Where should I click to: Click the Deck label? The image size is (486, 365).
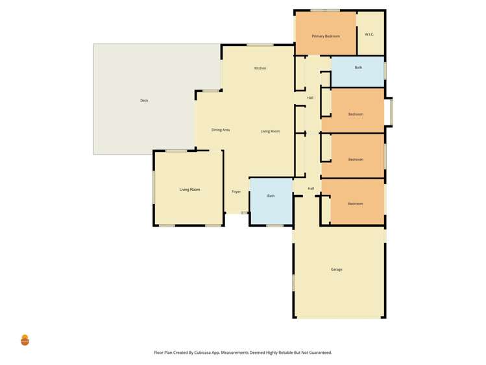coord(144,101)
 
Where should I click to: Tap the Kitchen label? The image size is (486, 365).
coord(260,68)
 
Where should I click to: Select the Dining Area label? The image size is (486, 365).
coord(221,130)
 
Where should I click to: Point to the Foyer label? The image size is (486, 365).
coord(236,192)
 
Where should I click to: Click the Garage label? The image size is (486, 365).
coord(336,270)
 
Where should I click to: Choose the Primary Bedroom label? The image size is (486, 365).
coord(325,36)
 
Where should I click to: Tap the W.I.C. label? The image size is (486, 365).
coord(369,34)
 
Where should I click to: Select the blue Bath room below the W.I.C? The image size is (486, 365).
coord(358,71)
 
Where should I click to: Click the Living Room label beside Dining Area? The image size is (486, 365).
coord(270,132)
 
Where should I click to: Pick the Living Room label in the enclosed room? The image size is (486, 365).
coord(189,190)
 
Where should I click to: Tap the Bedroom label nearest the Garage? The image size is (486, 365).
coord(355,204)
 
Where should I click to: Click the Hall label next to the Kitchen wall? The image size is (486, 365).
coord(310,98)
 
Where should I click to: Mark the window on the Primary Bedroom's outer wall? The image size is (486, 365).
coord(324,10)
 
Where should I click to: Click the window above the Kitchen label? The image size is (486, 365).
coord(260,45)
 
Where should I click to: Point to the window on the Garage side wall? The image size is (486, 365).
coord(293,283)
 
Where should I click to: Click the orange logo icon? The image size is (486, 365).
coord(25,340)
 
